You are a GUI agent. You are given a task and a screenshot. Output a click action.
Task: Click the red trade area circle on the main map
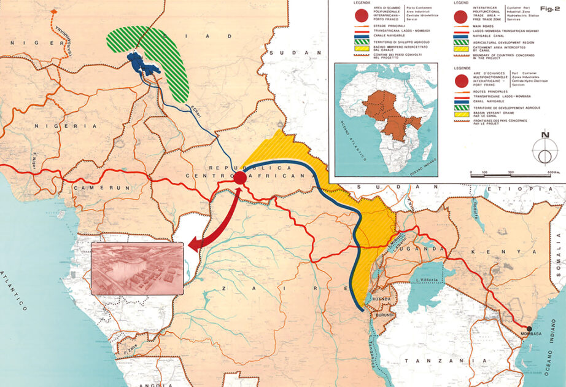click(x=240, y=178)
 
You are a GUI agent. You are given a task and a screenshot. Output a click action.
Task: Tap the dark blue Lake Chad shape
click(x=142, y=65)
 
